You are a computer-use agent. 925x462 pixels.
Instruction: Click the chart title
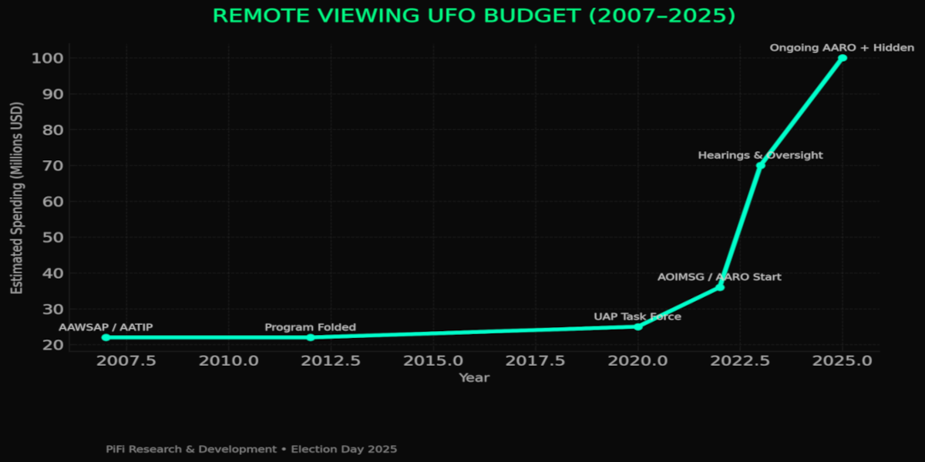click(474, 16)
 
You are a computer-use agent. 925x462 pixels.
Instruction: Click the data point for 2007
click(106, 337)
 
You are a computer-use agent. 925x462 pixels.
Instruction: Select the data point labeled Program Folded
click(311, 337)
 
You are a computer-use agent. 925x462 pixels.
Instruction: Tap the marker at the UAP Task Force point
click(637, 326)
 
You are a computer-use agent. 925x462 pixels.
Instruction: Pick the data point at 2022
click(720, 287)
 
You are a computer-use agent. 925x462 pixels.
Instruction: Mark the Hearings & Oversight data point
click(761, 166)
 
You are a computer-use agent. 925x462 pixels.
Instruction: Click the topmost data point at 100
click(843, 58)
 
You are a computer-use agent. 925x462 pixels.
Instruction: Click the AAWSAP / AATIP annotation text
click(106, 327)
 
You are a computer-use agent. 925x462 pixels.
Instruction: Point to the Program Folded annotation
click(311, 327)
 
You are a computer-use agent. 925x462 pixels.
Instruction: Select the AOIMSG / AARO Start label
click(719, 277)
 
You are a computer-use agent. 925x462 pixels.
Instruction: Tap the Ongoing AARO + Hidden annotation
click(842, 48)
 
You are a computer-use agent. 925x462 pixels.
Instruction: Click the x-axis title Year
click(474, 377)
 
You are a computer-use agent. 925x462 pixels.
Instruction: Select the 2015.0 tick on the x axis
click(433, 360)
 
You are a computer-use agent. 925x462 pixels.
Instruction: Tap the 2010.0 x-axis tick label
click(229, 360)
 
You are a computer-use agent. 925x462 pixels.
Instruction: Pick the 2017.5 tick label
click(535, 360)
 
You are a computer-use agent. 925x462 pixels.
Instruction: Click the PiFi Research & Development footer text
click(251, 448)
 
